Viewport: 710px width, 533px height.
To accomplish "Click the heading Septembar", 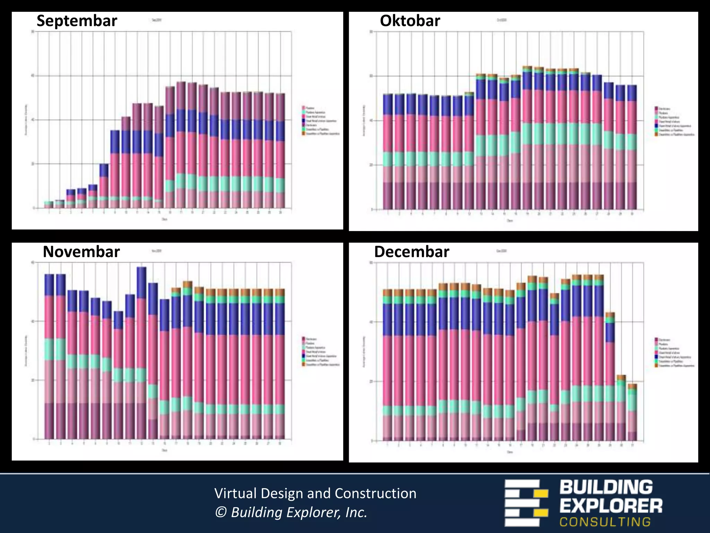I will (77, 21).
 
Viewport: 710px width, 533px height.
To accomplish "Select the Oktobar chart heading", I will (410, 21).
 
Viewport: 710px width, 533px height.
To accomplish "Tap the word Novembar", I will (81, 252).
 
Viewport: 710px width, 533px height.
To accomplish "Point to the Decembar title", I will (412, 252).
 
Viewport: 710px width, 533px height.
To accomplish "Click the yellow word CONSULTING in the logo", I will (605, 522).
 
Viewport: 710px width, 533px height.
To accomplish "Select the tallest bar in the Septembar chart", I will (181, 146).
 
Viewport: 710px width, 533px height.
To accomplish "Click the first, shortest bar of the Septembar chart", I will (49, 205).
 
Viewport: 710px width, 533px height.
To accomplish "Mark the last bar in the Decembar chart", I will (632, 413).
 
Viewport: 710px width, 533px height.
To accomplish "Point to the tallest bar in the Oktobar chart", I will (527, 139).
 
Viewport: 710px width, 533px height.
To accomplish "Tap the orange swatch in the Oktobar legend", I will (656, 134).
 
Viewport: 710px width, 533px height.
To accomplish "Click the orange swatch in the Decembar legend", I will (656, 366).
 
